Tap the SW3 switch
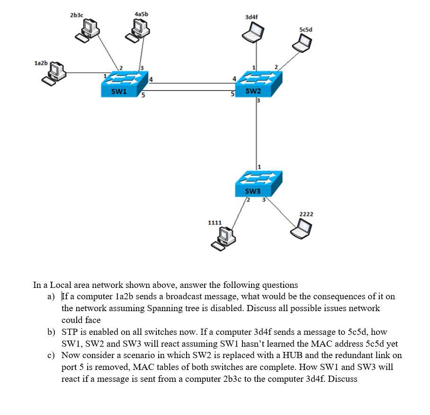(258, 184)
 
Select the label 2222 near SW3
(306, 214)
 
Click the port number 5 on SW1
(143, 96)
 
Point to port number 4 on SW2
(233, 78)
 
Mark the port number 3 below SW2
(259, 101)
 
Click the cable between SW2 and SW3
(257, 133)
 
